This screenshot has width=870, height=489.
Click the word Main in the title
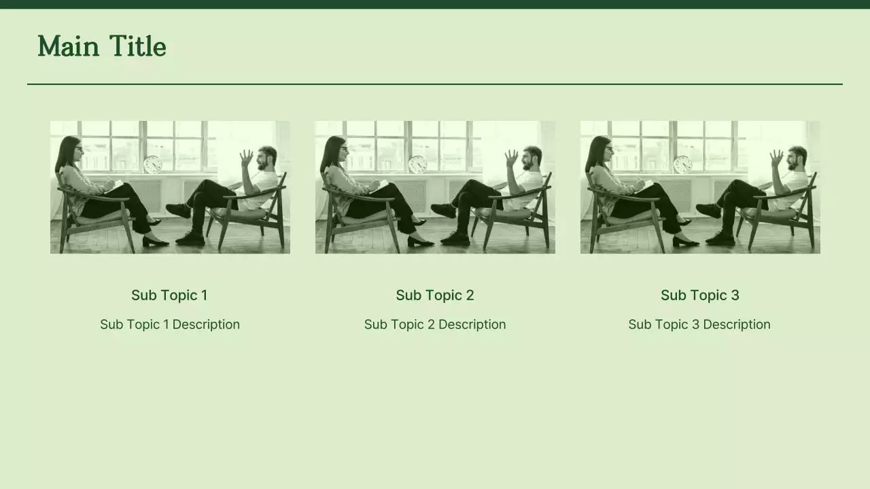69,46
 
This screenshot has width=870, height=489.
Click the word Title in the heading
138,46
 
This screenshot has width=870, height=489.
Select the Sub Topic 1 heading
169,295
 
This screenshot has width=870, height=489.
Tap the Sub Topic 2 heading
435,295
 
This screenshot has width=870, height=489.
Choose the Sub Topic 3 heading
700,295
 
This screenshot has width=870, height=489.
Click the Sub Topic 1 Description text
170,325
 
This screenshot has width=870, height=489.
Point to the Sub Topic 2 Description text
435,325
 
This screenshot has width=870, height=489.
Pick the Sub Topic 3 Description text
699,325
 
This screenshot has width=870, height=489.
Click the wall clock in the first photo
153,164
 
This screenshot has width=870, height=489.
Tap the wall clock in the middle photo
418,164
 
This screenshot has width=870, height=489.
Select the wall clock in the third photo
683,164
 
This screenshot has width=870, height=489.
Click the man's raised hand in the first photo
247,158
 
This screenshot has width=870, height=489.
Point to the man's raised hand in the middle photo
512,158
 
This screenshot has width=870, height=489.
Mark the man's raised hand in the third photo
777,158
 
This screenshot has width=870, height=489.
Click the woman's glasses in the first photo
79,148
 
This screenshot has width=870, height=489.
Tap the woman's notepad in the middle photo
379,186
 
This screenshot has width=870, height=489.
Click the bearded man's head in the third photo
797,158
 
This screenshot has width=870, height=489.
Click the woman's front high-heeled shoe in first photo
156,242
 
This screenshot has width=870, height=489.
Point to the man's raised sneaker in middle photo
443,211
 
